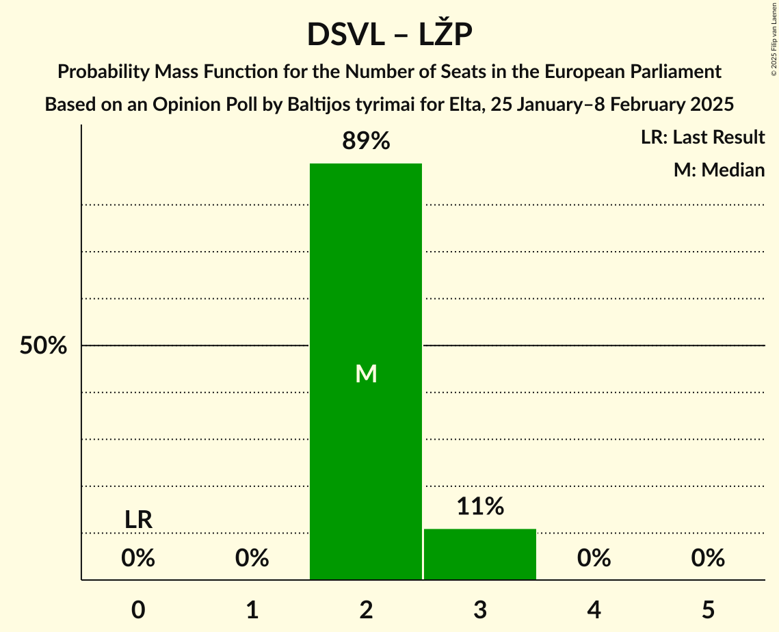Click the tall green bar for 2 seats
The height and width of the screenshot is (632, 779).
click(x=366, y=274)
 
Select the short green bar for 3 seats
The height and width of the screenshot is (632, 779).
click(x=480, y=554)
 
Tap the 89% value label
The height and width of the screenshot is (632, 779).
click(x=366, y=142)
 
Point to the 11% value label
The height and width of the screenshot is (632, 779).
click(x=480, y=507)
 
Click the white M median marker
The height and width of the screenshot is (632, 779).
click(x=367, y=373)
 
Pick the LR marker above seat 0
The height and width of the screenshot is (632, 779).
click(x=138, y=520)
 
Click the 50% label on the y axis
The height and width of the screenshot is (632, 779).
click(x=43, y=346)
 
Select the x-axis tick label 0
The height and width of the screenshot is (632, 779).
click(x=138, y=609)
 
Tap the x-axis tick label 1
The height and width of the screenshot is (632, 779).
click(x=252, y=609)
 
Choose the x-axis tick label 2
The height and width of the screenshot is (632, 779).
click(x=367, y=609)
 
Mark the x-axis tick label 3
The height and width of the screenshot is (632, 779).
click(x=480, y=609)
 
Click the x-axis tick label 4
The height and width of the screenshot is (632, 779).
click(x=594, y=609)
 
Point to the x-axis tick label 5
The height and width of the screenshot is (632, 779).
click(x=708, y=609)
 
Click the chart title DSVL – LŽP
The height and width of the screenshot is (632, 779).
click(x=389, y=35)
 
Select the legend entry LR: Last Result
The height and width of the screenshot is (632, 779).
click(x=703, y=137)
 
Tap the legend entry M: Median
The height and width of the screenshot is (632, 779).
click(x=719, y=170)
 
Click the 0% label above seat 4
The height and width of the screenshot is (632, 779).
click(x=594, y=559)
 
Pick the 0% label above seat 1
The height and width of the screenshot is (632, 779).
click(x=252, y=559)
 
